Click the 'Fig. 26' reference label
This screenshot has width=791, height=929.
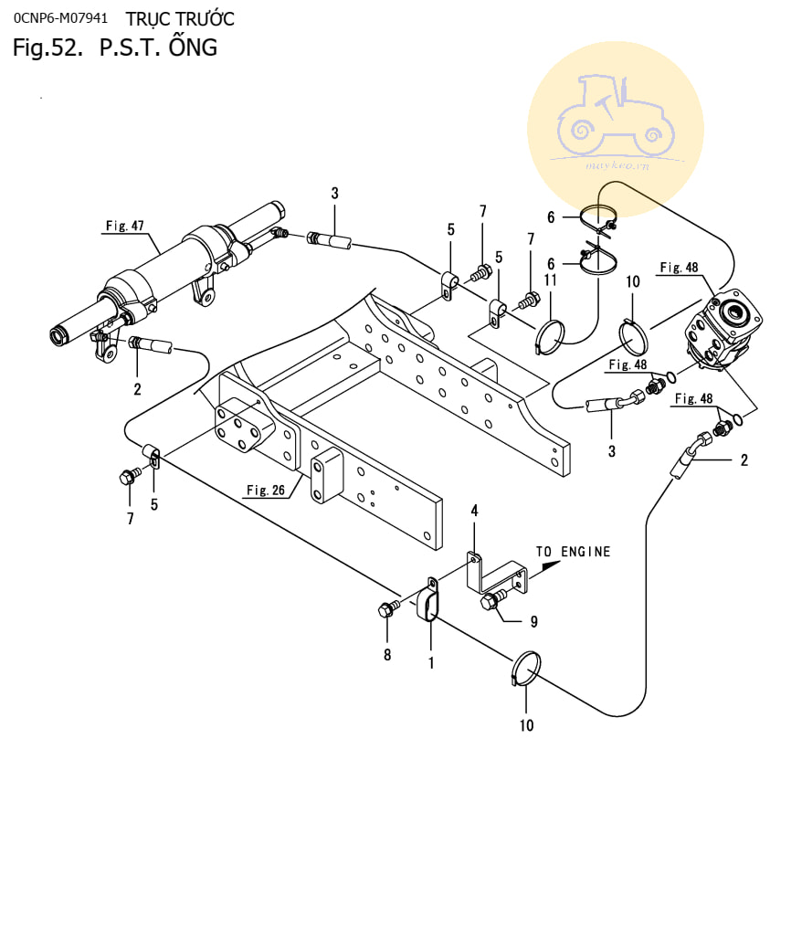266,491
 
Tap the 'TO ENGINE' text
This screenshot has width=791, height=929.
573,552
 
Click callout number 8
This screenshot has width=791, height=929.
387,655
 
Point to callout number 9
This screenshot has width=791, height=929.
533,622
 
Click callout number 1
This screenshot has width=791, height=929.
431,663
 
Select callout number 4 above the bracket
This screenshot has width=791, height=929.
474,510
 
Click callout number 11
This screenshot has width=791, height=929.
551,280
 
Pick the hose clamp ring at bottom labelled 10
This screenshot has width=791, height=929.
525,670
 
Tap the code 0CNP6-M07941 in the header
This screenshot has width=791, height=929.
60,18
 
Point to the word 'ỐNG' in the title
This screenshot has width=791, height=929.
193,47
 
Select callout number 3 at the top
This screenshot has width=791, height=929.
334,193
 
